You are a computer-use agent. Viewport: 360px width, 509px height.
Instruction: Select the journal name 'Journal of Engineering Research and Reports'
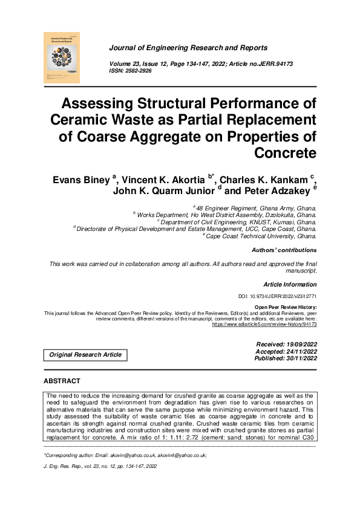click(x=188, y=48)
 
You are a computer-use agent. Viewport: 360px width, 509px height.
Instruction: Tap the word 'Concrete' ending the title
click(x=286, y=152)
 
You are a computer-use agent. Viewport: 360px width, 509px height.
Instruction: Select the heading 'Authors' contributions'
click(x=284, y=250)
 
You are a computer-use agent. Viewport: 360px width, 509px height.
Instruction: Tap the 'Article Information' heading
click(x=290, y=284)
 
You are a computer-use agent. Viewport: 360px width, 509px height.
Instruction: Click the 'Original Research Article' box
click(x=85, y=355)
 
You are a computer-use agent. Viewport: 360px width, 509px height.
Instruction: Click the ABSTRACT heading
click(x=62, y=381)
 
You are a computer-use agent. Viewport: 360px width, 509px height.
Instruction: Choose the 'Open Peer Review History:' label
click(x=286, y=307)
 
